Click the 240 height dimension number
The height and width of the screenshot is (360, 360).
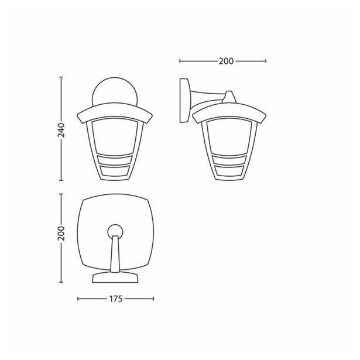[x=61, y=129]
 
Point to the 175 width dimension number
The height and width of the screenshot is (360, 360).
[x=115, y=299]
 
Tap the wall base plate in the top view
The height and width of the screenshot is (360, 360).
[x=115, y=277]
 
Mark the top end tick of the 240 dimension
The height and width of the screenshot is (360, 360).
[x=61, y=77]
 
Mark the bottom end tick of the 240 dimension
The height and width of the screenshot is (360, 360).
[x=61, y=180]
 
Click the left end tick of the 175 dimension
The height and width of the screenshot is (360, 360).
[x=78, y=299]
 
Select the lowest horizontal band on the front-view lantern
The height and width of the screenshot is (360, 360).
[x=115, y=172]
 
